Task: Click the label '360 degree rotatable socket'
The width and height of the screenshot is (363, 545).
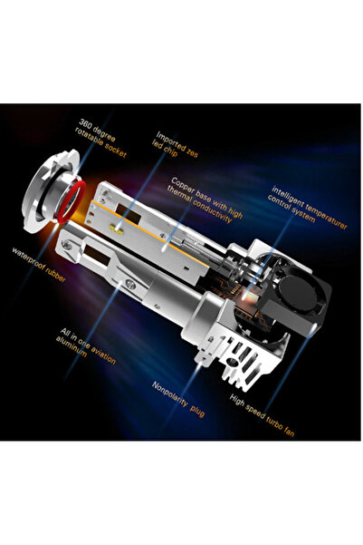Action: [102, 139]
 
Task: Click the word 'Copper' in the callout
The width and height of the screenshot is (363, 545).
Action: [185, 186]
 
